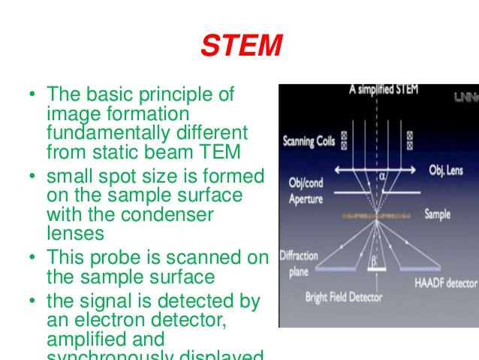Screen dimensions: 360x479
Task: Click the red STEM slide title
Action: tap(240, 47)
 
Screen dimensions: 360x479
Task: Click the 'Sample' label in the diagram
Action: tap(438, 214)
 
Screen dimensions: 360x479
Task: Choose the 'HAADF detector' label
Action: tap(446, 283)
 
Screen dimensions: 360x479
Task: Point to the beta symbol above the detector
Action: tap(372, 262)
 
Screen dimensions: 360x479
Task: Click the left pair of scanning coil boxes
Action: tap(345, 140)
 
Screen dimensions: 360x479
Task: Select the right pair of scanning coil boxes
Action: tap(409, 140)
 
